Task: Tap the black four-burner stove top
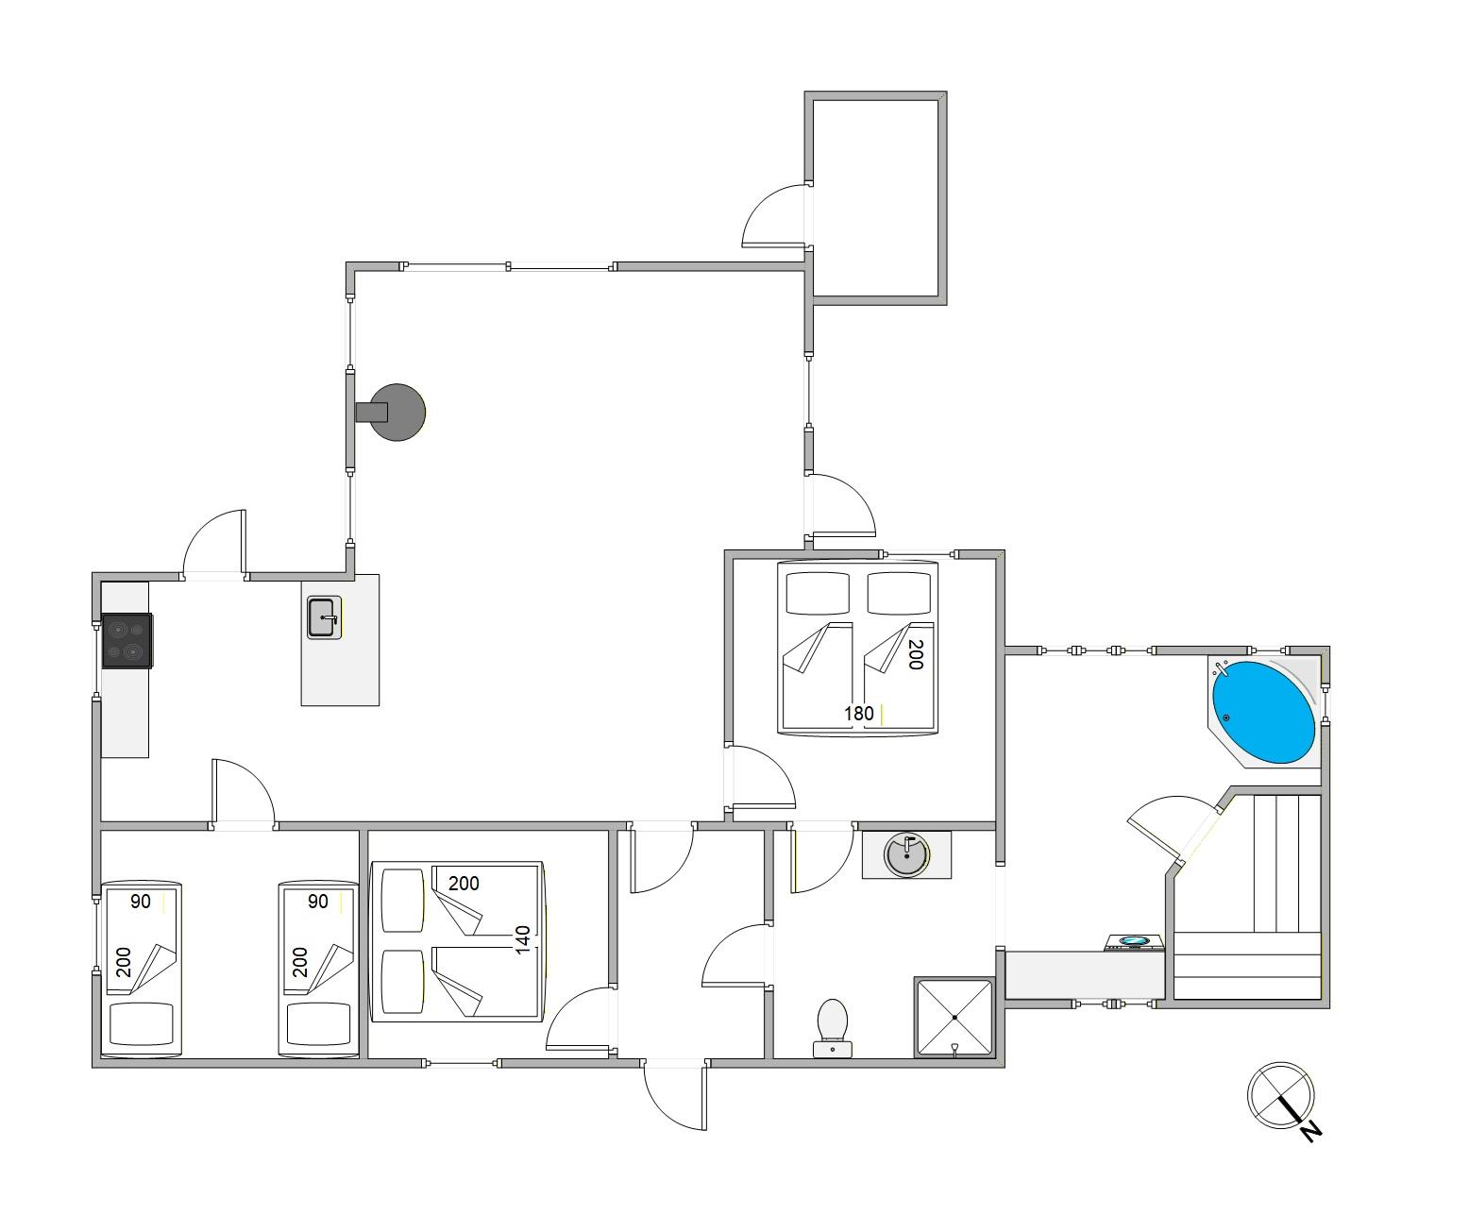pos(127,641)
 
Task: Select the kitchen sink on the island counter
pos(323,617)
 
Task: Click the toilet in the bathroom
pos(832,1026)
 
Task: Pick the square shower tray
pos(954,1018)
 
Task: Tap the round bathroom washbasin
pos(905,854)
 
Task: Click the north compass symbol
pos(1280,1095)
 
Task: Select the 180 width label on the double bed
pos(858,714)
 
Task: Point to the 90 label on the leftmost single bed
pos(141,902)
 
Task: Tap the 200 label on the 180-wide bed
pos(914,654)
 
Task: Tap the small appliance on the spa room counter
pos(1134,941)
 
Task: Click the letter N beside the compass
pos(1309,1131)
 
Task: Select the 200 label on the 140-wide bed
pos(464,884)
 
